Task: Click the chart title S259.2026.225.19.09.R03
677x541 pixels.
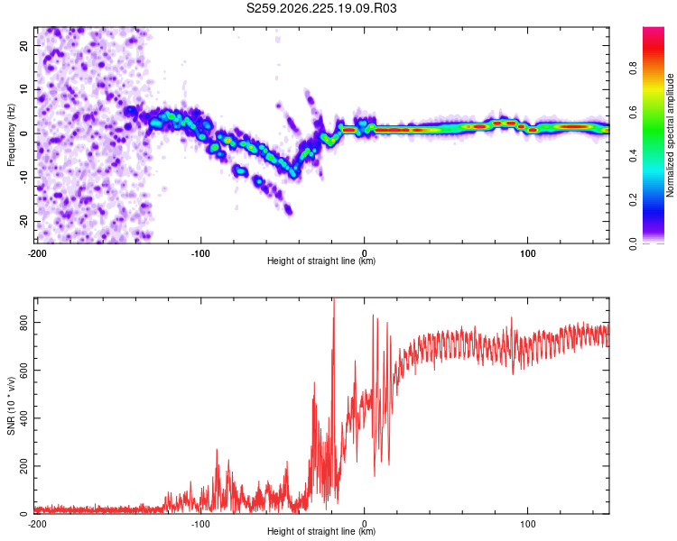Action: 321,8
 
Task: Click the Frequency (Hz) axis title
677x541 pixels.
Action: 11,134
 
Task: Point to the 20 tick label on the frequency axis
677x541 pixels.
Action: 23,45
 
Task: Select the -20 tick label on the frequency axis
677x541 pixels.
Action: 23,222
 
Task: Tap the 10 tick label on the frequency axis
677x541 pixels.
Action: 23,89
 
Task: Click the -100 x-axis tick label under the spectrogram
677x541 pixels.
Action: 200,253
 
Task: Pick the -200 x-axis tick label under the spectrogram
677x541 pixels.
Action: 37,253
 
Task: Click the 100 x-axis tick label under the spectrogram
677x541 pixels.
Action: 528,253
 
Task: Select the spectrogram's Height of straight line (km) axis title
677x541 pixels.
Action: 321,261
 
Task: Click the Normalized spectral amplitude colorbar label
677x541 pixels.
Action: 670,135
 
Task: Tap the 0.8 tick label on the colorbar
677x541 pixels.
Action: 633,69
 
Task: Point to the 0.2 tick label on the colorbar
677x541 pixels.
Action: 633,200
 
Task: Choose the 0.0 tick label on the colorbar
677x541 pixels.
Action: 633,244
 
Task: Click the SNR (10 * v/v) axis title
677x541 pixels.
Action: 11,406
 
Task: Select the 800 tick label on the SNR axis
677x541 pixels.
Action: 23,322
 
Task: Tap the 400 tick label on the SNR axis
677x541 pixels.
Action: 23,418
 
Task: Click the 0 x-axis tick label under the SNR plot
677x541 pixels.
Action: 365,524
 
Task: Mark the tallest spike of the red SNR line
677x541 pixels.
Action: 334,299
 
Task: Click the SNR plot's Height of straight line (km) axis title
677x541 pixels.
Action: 321,531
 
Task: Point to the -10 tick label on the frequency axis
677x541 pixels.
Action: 23,178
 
